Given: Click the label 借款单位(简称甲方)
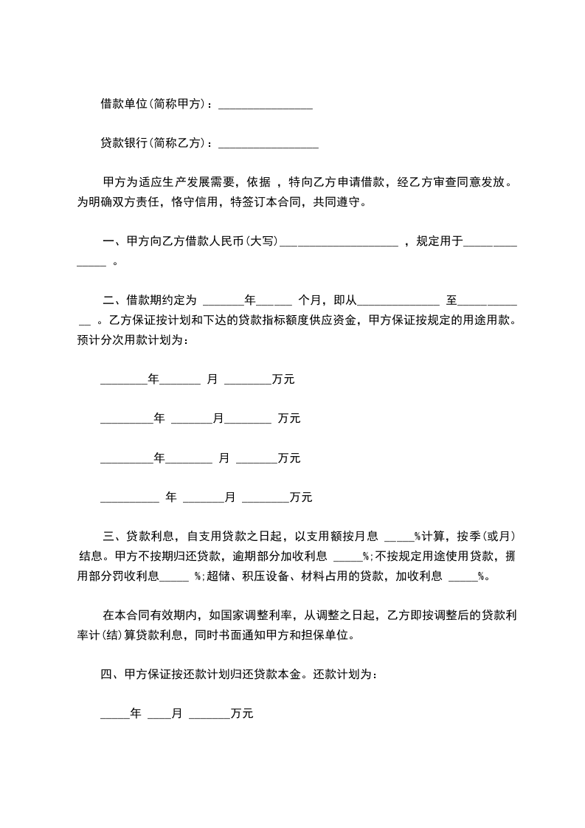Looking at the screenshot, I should click(x=154, y=104).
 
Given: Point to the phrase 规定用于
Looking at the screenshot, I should click(x=440, y=241).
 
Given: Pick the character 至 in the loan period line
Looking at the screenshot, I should click(x=451, y=300).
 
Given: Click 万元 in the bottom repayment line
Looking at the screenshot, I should click(x=242, y=714).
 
